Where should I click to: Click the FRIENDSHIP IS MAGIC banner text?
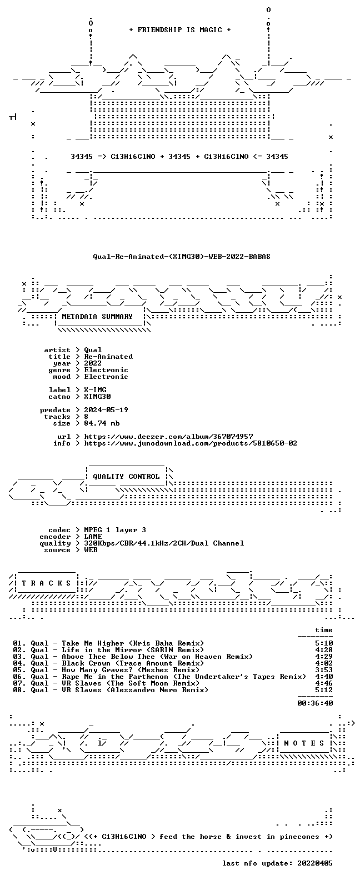point(180,30)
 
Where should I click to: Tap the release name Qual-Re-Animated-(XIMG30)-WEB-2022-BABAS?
point(182,257)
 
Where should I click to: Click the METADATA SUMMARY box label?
point(97,316)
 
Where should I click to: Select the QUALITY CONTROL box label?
point(126,477)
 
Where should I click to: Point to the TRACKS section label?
point(46,583)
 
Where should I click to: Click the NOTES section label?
point(304,743)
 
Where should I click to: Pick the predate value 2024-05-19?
point(106,410)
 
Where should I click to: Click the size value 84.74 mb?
point(102,423)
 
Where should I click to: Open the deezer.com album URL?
point(168,437)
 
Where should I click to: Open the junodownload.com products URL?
point(191,443)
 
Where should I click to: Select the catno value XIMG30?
point(97,397)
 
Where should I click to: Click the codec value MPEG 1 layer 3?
point(115,530)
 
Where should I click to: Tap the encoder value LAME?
point(93,537)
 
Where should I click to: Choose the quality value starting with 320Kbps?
point(164,543)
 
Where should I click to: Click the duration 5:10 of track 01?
point(324,643)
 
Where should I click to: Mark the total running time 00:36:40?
point(315,703)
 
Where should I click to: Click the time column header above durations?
point(324,630)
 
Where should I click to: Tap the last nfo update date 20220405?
point(315,863)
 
